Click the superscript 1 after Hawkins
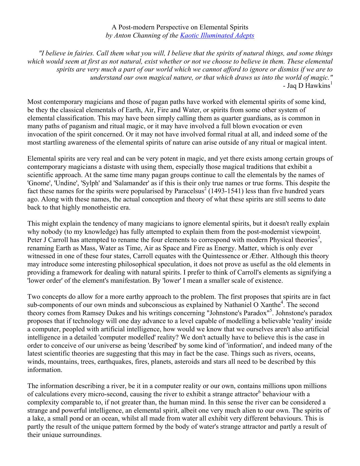click(331, 83)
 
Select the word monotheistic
click(99, 208)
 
